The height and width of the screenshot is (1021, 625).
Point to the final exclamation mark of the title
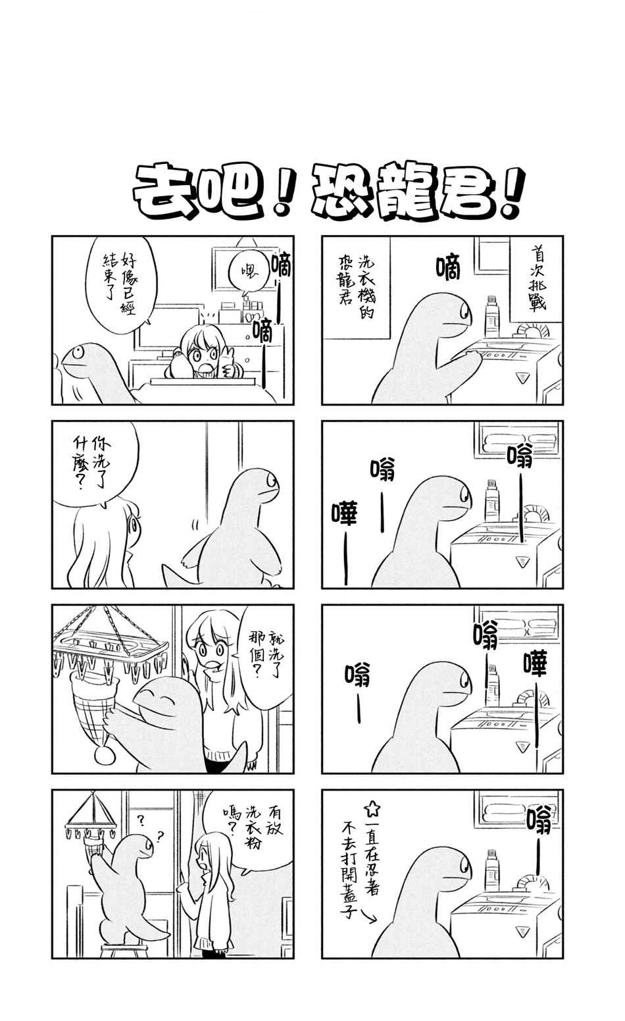tap(512, 192)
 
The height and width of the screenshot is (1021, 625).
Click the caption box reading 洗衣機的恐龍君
tap(356, 288)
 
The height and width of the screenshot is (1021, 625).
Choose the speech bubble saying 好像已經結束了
tap(120, 280)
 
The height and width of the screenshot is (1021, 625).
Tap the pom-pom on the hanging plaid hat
tap(105, 753)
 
